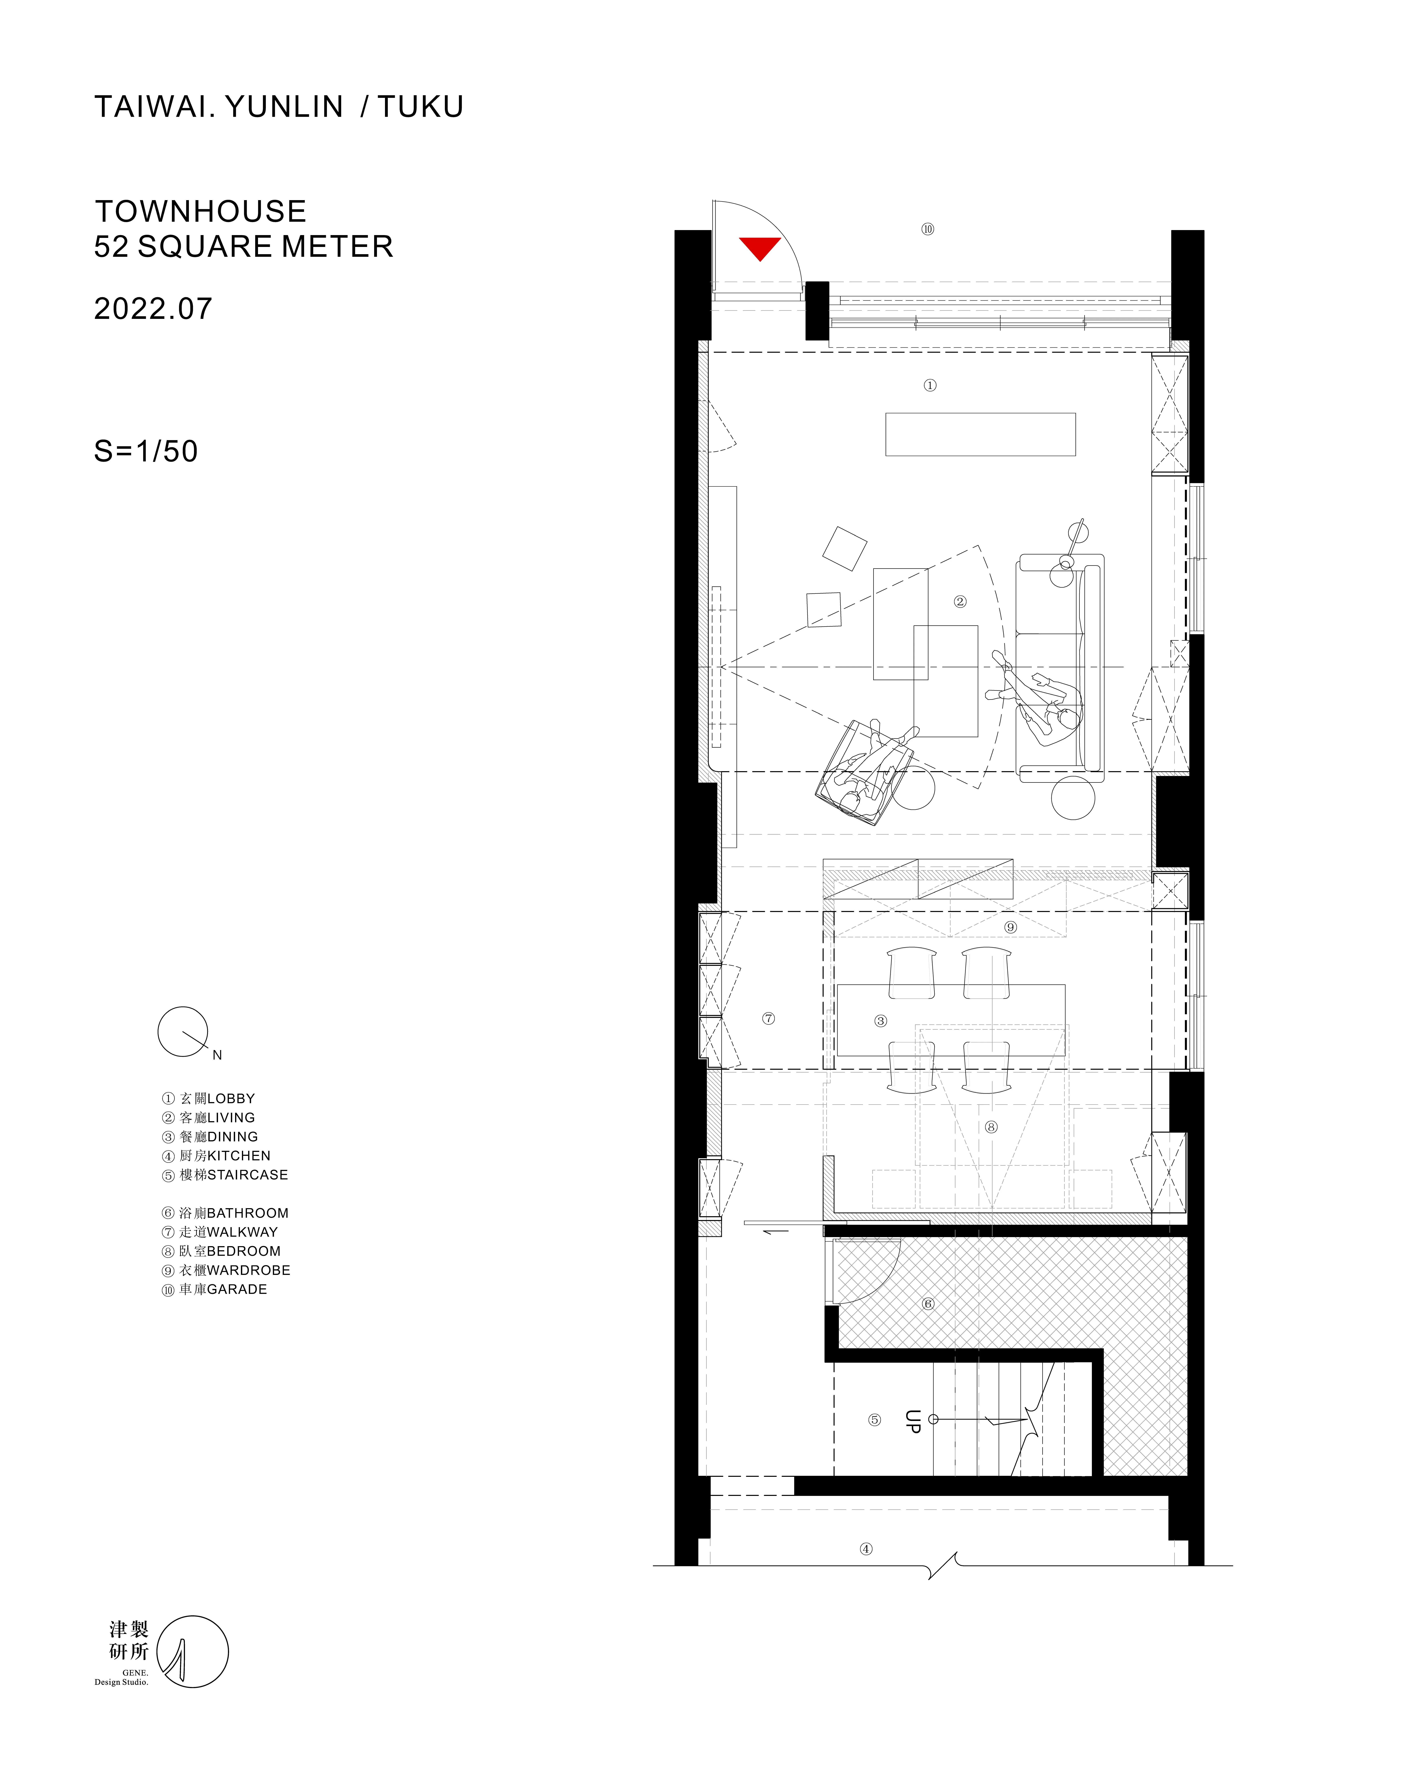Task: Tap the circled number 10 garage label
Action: (928, 229)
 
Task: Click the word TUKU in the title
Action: (421, 107)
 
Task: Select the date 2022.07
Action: (154, 309)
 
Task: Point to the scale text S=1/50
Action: (146, 451)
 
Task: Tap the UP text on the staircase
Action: (912, 1421)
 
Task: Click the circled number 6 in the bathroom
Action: (928, 1304)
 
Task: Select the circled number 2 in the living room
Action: (960, 602)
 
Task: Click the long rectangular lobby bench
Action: (981, 434)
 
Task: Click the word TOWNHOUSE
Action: (201, 211)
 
